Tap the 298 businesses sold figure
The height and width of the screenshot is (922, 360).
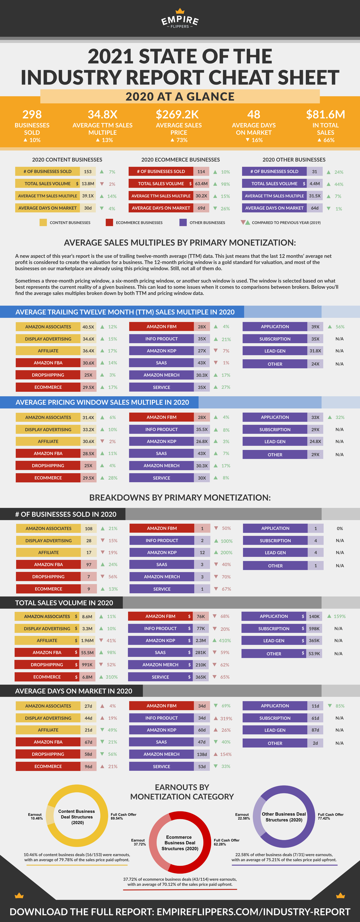(x=32, y=114)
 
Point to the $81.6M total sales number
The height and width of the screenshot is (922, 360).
(x=325, y=114)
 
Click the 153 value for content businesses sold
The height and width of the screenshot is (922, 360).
(x=88, y=171)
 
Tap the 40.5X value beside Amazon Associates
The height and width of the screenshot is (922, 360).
(x=88, y=327)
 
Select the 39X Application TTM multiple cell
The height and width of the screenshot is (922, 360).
(x=315, y=327)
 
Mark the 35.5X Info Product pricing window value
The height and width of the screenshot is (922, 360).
(x=202, y=429)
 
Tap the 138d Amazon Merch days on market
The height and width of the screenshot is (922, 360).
(x=202, y=754)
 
